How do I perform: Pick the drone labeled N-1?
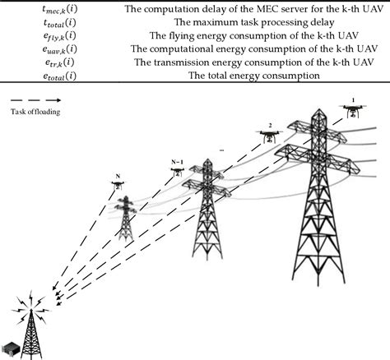point(177,171)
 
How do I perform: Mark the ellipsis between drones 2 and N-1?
point(223,151)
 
